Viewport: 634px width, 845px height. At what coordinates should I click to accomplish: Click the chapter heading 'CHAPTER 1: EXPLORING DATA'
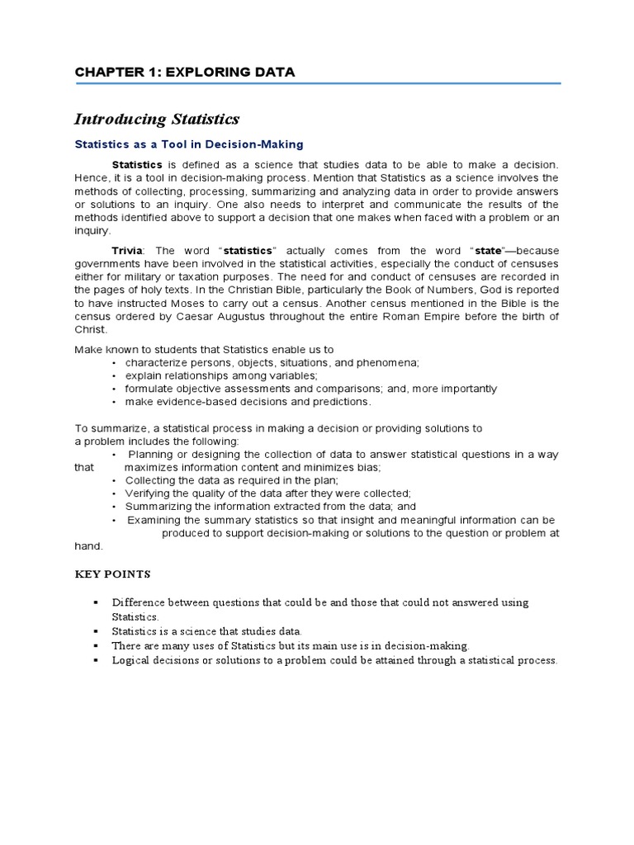click(184, 73)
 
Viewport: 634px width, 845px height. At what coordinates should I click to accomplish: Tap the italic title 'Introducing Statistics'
click(157, 120)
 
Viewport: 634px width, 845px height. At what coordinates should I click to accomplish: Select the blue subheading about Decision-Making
click(189, 144)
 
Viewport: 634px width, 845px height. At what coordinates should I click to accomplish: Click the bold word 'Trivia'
click(127, 250)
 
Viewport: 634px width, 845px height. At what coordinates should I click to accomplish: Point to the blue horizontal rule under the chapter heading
click(318, 83)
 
